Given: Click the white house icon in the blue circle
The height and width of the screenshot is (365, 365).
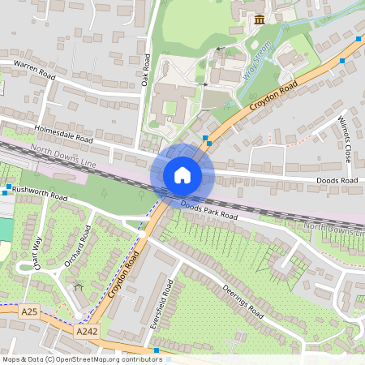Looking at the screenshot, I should [x=182, y=175].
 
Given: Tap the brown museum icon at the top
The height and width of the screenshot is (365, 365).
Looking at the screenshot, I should [x=259, y=19].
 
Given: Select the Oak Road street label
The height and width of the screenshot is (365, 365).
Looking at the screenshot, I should [x=146, y=70].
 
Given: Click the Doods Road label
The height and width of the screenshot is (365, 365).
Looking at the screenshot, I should [x=338, y=180].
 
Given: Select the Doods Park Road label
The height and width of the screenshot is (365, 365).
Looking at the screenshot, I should [x=208, y=212].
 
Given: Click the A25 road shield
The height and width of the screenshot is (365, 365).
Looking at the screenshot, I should [x=29, y=311].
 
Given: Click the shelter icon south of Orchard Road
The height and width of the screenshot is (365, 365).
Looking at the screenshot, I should [x=79, y=286].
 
